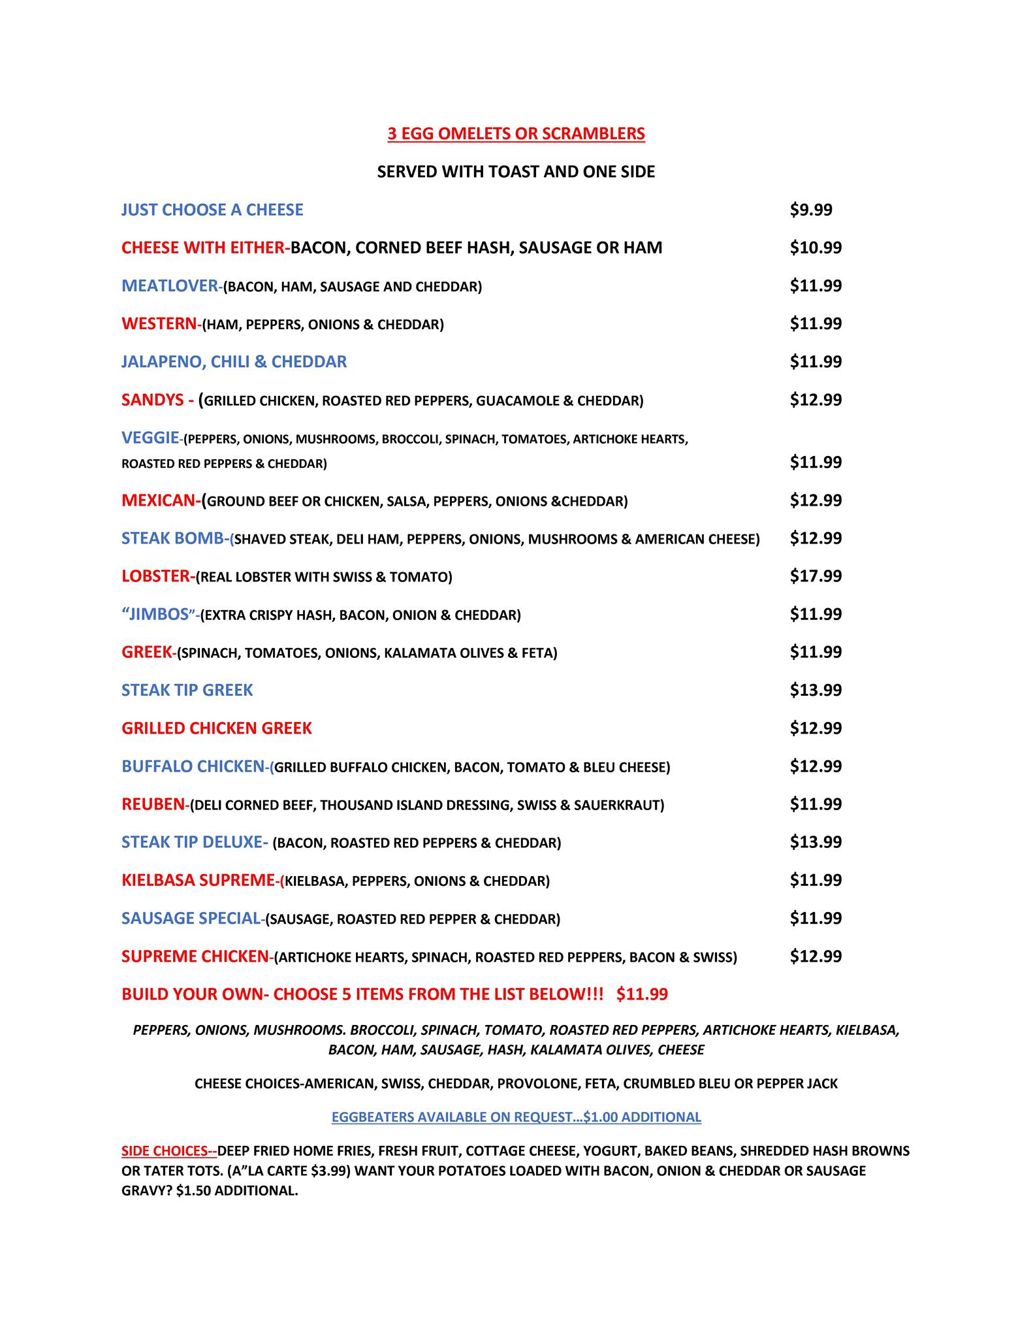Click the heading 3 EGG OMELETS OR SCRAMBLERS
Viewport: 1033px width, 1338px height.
(516, 134)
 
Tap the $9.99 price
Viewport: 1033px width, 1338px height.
(811, 210)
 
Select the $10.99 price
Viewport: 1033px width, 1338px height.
(816, 248)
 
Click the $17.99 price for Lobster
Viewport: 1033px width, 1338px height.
(816, 576)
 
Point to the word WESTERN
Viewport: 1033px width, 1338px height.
(159, 323)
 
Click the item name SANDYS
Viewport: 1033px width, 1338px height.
(153, 400)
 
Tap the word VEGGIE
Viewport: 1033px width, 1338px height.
(150, 438)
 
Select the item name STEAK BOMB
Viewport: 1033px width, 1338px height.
(173, 538)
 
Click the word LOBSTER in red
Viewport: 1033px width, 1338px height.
(156, 576)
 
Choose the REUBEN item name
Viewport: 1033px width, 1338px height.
(153, 804)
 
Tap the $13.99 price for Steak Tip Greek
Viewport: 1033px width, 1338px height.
(816, 690)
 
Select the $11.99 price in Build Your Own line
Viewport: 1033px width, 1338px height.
(642, 994)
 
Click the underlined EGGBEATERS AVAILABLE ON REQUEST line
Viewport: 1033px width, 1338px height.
(516, 1117)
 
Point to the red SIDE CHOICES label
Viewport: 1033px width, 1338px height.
(168, 1150)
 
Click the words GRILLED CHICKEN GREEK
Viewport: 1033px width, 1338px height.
(217, 728)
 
